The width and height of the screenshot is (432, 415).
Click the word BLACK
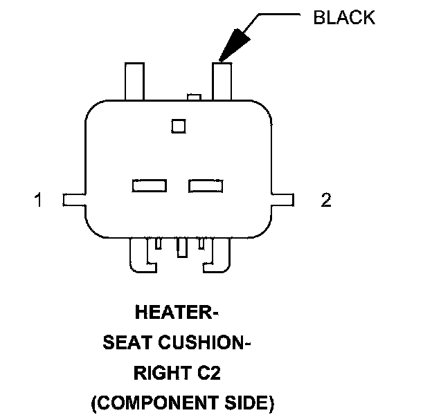[x=344, y=18]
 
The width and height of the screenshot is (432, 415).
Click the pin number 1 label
[x=39, y=201]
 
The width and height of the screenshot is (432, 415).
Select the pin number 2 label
[x=326, y=201]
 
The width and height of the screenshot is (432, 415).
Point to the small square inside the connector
[x=179, y=126]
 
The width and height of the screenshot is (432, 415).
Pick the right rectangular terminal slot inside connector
[x=205, y=185]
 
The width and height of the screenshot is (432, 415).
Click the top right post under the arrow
[x=222, y=81]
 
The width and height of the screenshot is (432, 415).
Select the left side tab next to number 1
[x=74, y=200]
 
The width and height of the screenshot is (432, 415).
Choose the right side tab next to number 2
[x=283, y=200]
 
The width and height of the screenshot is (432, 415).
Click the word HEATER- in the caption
[x=177, y=313]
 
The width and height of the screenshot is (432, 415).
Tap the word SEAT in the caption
[x=128, y=342]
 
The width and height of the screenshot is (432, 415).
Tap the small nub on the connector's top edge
[x=195, y=98]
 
